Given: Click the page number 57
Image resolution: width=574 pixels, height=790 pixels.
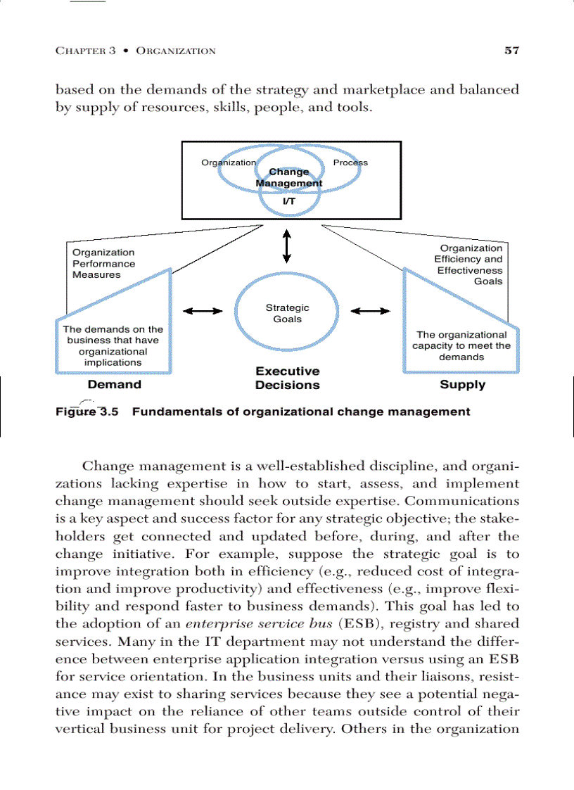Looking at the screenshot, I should (x=511, y=50).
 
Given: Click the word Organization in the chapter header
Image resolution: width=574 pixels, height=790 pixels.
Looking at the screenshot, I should (x=176, y=51).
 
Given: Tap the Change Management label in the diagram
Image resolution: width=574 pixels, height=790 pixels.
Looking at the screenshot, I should (x=288, y=177).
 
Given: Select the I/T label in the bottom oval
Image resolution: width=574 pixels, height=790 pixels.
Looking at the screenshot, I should (x=288, y=201).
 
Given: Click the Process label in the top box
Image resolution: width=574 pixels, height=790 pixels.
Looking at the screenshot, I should (x=350, y=163).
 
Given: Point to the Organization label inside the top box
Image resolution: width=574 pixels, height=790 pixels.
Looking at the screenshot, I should (x=229, y=163).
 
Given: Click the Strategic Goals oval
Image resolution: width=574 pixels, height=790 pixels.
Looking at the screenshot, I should (x=287, y=314).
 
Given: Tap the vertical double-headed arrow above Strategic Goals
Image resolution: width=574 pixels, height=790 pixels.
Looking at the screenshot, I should (x=286, y=246).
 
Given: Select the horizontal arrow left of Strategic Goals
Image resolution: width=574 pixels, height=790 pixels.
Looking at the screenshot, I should (x=203, y=311).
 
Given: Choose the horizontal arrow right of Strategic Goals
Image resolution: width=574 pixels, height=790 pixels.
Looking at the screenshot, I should (x=370, y=311).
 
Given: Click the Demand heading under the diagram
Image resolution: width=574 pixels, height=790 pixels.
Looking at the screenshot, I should (x=114, y=385).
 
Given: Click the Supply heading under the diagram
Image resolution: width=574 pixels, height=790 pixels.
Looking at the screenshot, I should (x=462, y=385).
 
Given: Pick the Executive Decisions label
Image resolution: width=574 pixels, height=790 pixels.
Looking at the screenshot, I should (x=287, y=378).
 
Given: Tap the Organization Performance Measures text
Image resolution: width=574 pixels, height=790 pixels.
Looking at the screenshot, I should (x=103, y=264).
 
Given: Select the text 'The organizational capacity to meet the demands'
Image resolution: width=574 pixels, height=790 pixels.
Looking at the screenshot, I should (x=461, y=345).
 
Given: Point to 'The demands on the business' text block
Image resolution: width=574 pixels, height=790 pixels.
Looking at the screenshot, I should (x=113, y=345).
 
